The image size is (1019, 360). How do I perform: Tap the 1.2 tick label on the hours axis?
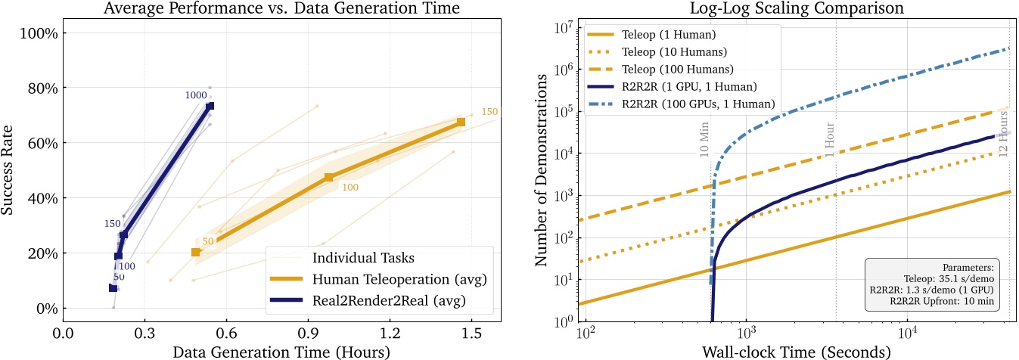click(390, 333)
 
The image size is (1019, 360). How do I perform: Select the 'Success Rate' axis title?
click(11, 171)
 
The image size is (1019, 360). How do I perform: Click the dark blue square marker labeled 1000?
click(210, 106)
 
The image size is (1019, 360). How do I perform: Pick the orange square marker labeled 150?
click(461, 122)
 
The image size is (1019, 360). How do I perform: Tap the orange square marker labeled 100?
click(329, 177)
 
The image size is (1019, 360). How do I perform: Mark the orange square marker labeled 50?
click(196, 252)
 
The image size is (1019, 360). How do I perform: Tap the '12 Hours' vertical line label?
click(1004, 134)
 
